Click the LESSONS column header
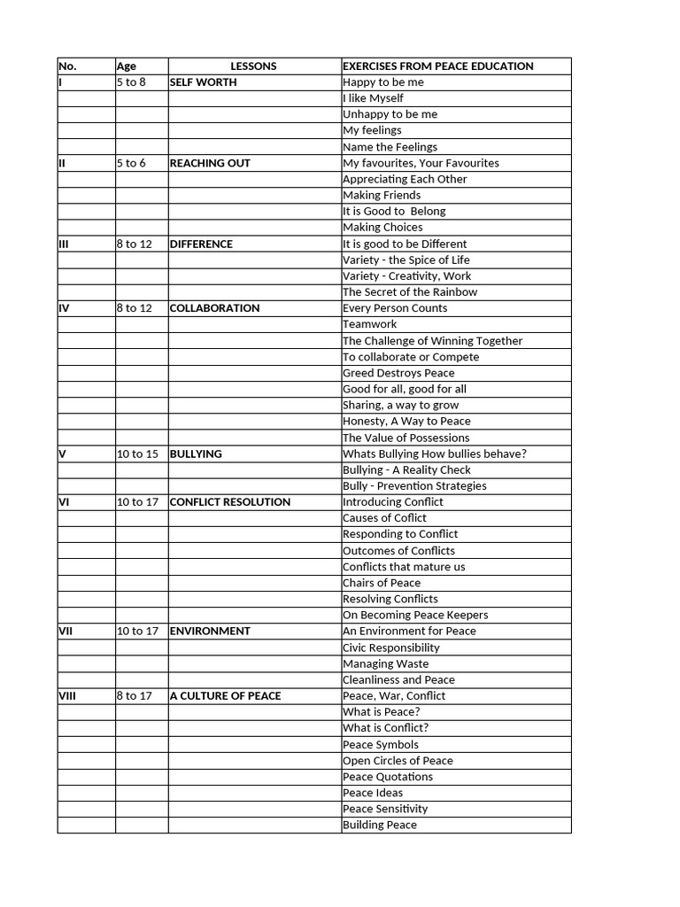point(253,66)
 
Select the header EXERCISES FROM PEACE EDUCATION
point(437,66)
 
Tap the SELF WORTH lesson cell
point(203,82)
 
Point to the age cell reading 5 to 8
point(130,82)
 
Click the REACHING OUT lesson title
point(210,163)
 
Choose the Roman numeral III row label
point(64,244)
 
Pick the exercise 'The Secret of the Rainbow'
point(410,292)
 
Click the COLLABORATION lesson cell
point(214,308)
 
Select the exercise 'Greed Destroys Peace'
point(398,373)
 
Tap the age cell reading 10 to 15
point(137,453)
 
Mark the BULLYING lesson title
point(196,453)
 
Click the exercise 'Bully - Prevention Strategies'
point(414,486)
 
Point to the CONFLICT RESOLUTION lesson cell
point(229,502)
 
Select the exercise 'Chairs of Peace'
point(382,583)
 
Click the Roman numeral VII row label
point(66,632)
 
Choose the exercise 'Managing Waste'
point(385,663)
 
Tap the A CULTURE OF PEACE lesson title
point(225,696)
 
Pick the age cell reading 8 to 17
point(135,696)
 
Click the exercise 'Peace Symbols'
point(381,745)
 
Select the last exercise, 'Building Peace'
point(379,826)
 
